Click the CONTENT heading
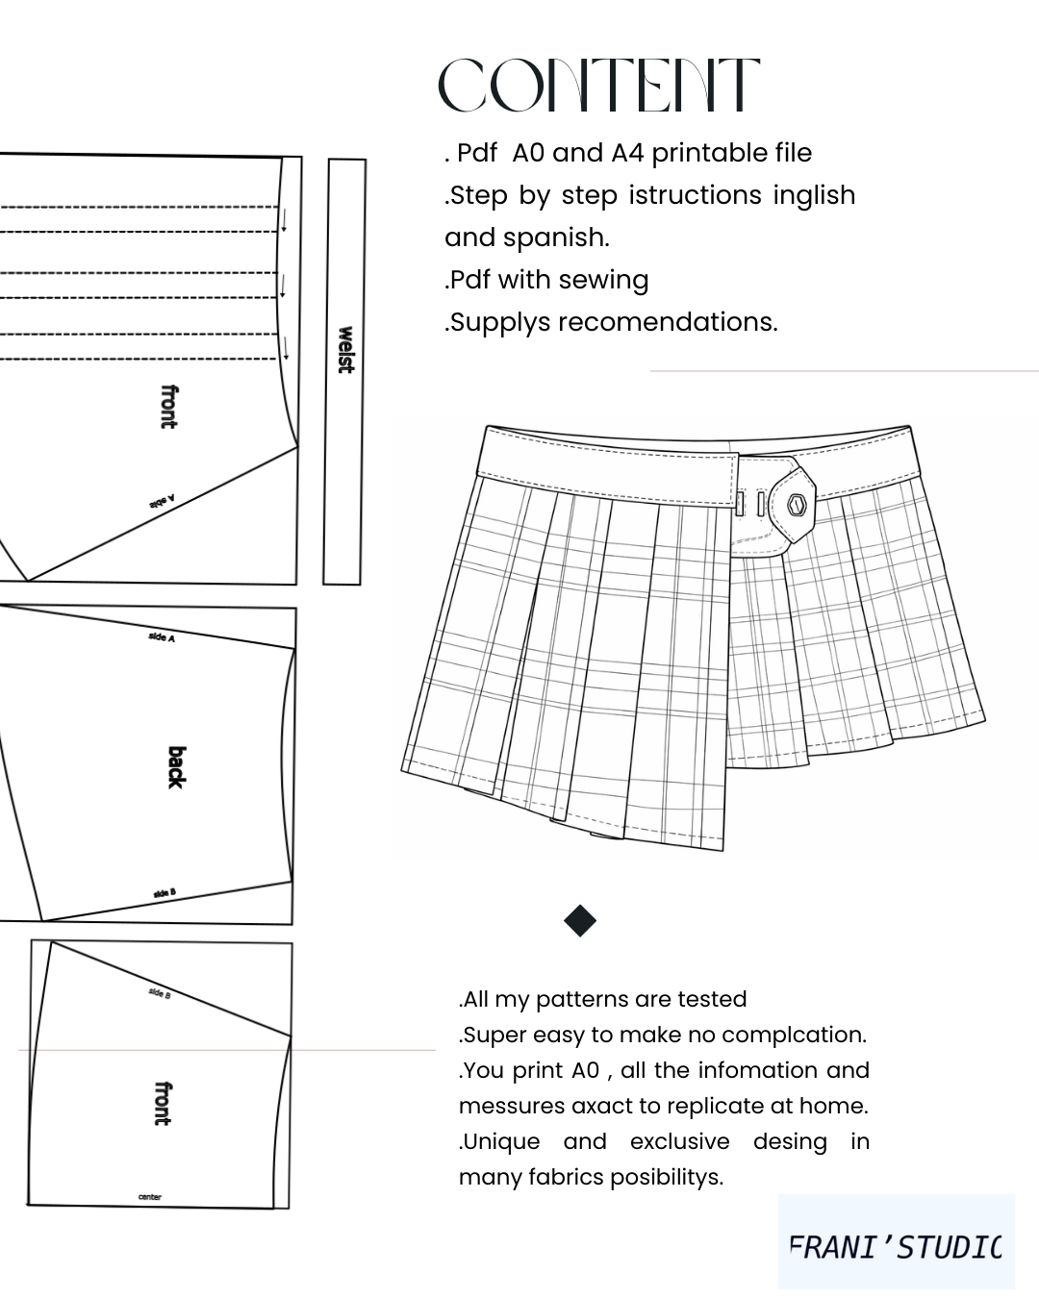click(x=598, y=85)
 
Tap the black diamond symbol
click(x=579, y=920)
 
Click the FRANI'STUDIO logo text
click(x=895, y=1247)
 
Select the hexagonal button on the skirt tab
click(x=797, y=504)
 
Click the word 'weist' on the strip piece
click(x=345, y=350)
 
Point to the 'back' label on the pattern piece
click(x=176, y=766)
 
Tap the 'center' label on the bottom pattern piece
click(x=150, y=1197)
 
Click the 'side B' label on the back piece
click(x=165, y=892)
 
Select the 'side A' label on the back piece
click(x=162, y=637)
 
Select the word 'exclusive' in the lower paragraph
click(x=679, y=1141)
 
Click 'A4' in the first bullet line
click(x=626, y=153)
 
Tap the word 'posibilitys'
click(x=666, y=1178)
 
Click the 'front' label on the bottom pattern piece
click(x=163, y=1103)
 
